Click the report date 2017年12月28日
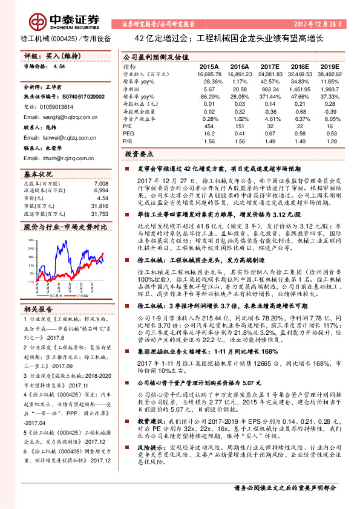pyautogui.click(x=322, y=25)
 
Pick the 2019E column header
pyautogui.click(x=329, y=66)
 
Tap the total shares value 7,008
pyautogui.click(x=101, y=183)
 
